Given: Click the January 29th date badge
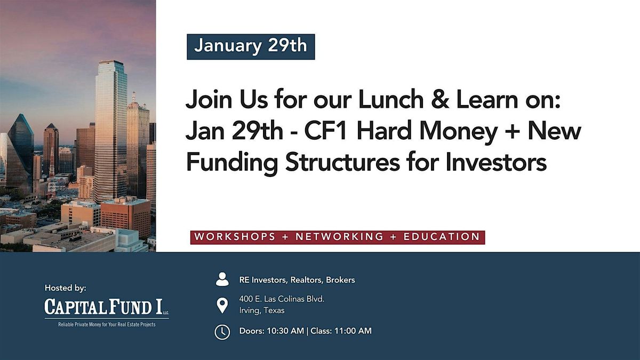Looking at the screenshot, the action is click(251, 47).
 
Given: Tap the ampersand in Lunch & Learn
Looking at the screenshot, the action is click(440, 99).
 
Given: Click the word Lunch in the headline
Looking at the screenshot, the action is click(391, 99).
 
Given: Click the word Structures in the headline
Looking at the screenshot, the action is click(342, 162).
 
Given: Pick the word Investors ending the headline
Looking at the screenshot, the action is click(496, 162).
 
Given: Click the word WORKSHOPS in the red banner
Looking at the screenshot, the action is click(235, 237).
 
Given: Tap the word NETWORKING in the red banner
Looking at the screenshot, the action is click(339, 237).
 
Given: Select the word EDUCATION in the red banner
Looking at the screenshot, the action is click(442, 237).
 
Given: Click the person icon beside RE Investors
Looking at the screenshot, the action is click(222, 279).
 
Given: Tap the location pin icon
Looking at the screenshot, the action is click(222, 306).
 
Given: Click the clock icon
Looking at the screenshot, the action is click(222, 332).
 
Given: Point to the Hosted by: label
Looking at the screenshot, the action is click(66, 288).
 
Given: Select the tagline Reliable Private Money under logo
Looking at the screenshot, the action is click(107, 325).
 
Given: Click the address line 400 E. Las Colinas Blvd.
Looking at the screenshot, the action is click(282, 299).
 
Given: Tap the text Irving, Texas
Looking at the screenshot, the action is click(262, 310).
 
